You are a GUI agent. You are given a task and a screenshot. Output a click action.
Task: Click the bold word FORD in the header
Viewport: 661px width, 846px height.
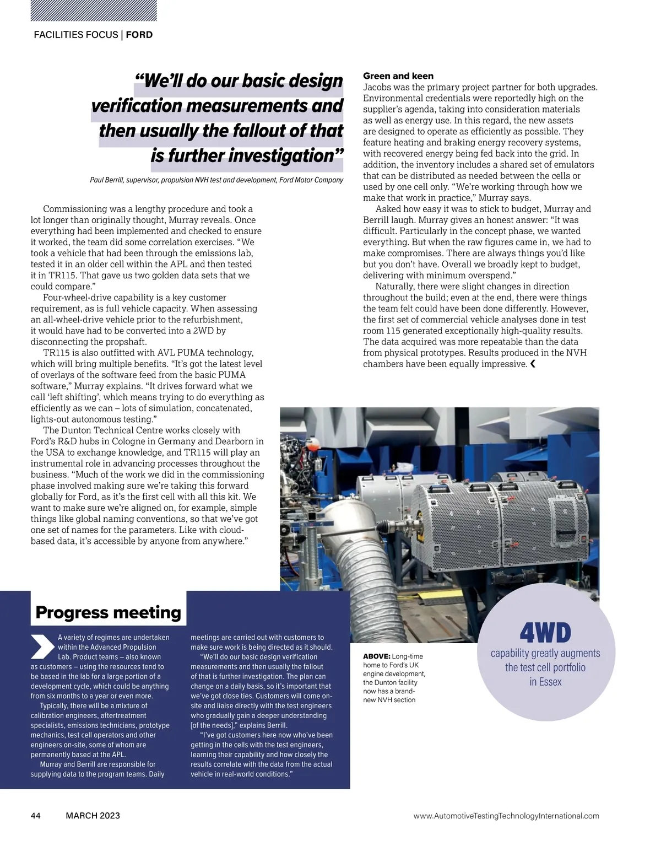(x=139, y=35)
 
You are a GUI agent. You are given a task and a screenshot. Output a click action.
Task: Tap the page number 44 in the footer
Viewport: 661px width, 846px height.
(x=36, y=816)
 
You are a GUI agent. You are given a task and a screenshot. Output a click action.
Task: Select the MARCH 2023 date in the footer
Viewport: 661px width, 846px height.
(x=93, y=816)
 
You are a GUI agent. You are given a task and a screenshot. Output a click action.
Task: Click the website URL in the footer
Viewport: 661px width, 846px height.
(x=506, y=816)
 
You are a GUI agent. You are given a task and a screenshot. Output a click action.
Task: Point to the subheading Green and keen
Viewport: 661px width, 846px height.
(x=398, y=76)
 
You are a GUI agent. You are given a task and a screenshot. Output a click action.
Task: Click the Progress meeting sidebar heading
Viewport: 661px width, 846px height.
(x=108, y=612)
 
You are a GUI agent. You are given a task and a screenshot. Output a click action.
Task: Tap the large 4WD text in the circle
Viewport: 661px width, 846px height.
(x=545, y=633)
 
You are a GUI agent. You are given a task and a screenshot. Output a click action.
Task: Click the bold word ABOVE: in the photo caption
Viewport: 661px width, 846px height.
(x=377, y=656)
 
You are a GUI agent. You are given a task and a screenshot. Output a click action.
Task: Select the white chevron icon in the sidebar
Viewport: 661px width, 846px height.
(x=42, y=646)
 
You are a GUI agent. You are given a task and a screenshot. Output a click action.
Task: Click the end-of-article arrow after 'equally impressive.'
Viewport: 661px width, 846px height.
(x=533, y=364)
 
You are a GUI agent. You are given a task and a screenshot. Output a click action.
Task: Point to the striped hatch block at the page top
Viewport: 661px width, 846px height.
(x=94, y=10)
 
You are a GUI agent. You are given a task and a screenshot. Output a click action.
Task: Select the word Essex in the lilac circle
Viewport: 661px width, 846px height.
(x=550, y=682)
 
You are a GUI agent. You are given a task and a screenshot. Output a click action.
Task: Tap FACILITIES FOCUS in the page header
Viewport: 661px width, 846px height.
(x=76, y=35)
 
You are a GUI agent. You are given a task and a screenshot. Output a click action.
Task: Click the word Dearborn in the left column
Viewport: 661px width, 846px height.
(x=240, y=441)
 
